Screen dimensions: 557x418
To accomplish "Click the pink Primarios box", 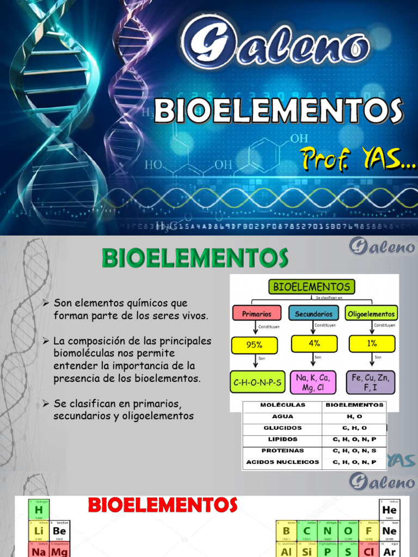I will [256, 313].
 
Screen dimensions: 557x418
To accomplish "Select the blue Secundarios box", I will [313, 313].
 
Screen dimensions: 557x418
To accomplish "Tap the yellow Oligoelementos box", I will [371, 313].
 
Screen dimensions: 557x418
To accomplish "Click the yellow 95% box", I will [254, 345].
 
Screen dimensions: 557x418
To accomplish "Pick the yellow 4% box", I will [314, 344].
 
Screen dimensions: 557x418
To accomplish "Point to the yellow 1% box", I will [371, 344].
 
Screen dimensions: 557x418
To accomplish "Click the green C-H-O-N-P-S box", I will [257, 382].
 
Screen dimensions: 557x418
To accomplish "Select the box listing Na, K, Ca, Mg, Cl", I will [313, 382].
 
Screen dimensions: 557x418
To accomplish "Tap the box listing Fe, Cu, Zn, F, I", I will [371, 382].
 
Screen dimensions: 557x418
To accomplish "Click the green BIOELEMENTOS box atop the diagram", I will [311, 286].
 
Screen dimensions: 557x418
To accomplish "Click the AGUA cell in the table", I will [282, 417].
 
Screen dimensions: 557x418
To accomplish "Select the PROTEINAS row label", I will [282, 450].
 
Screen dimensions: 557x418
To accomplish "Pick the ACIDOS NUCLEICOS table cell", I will [282, 462].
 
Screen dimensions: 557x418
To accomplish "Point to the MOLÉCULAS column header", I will [282, 405].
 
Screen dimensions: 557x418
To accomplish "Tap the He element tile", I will [390, 509].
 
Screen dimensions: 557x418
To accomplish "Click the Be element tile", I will [59, 530].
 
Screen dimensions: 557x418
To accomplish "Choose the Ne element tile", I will [390, 530].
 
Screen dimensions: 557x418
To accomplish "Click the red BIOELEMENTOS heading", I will [163, 505].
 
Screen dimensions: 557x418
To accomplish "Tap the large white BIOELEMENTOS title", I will [278, 111].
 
